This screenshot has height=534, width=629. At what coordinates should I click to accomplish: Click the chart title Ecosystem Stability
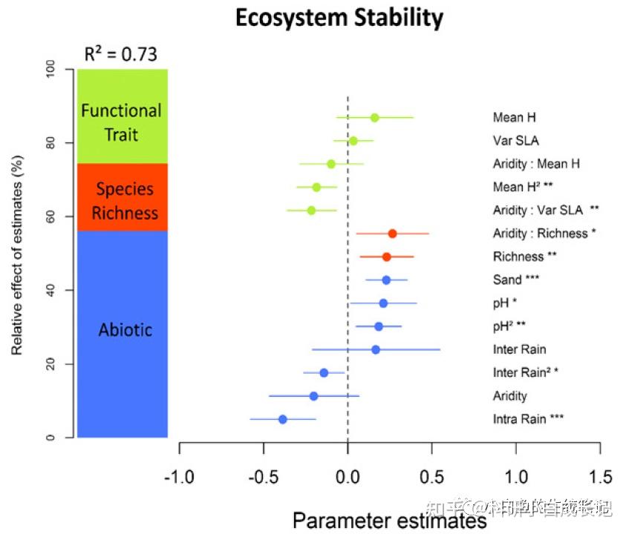[339, 17]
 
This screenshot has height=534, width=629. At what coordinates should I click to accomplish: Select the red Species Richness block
[123, 198]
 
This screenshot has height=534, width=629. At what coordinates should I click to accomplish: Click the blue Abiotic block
[123, 330]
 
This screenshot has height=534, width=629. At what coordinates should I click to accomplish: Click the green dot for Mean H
[374, 117]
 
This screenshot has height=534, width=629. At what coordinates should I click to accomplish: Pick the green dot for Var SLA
[353, 141]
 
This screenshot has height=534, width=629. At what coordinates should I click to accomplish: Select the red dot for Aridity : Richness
[392, 234]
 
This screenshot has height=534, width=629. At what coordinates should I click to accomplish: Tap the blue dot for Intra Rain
[283, 419]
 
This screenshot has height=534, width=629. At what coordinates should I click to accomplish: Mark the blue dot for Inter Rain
[376, 349]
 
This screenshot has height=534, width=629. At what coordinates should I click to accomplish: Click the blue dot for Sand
[386, 280]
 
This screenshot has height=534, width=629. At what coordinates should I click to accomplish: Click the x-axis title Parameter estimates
[389, 521]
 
